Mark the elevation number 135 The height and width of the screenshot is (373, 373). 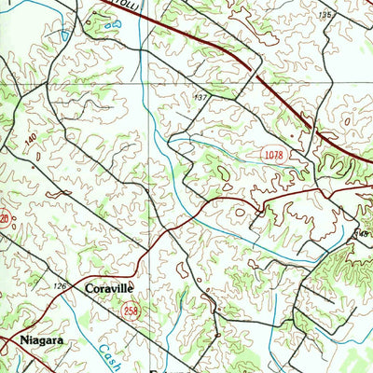tap(325, 15)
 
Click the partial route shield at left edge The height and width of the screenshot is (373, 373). tap(4, 220)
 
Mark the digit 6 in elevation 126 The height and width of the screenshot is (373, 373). tap(66, 286)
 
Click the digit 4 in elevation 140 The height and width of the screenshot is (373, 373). tap(32, 139)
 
